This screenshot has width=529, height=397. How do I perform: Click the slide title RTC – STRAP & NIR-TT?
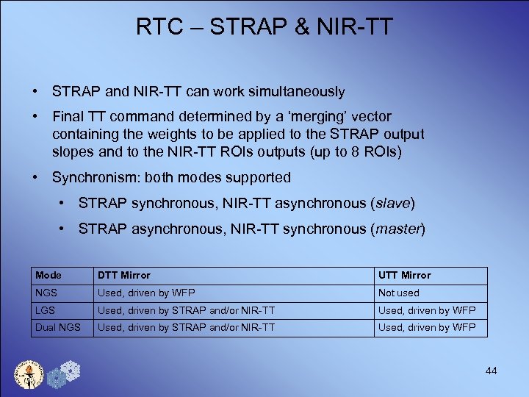click(264, 27)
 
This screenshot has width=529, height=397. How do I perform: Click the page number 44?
click(491, 371)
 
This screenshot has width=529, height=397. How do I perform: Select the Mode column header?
click(48, 275)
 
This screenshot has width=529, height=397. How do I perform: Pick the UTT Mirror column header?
click(404, 275)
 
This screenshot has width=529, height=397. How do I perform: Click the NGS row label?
click(46, 293)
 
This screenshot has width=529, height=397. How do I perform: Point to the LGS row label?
click(45, 310)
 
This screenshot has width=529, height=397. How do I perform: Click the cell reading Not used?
click(398, 293)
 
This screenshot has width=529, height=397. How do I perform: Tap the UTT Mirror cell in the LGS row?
click(427, 310)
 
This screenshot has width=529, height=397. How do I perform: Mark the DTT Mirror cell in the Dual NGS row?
click(186, 327)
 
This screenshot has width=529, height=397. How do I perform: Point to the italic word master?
click(399, 229)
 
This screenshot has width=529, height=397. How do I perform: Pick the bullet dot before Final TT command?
click(35, 116)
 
